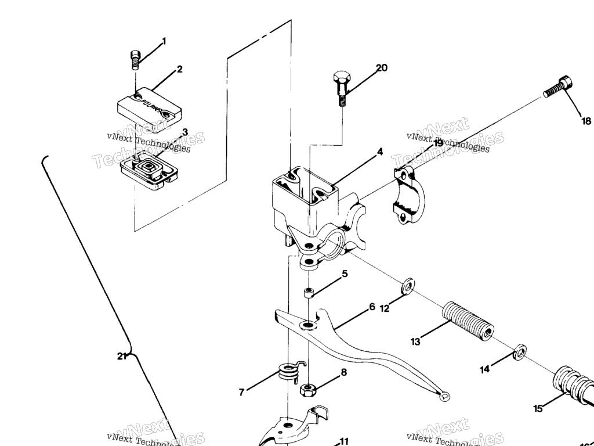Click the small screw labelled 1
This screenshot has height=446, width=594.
click(x=135, y=60)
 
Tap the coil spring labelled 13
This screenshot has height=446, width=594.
click(x=467, y=321)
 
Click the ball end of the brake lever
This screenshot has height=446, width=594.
click(x=445, y=396)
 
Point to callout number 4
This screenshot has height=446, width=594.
click(x=380, y=152)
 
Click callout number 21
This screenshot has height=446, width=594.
click(x=121, y=356)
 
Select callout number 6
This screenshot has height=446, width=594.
click(x=372, y=307)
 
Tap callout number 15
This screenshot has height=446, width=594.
click(x=538, y=408)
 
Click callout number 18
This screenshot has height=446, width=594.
click(x=586, y=121)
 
